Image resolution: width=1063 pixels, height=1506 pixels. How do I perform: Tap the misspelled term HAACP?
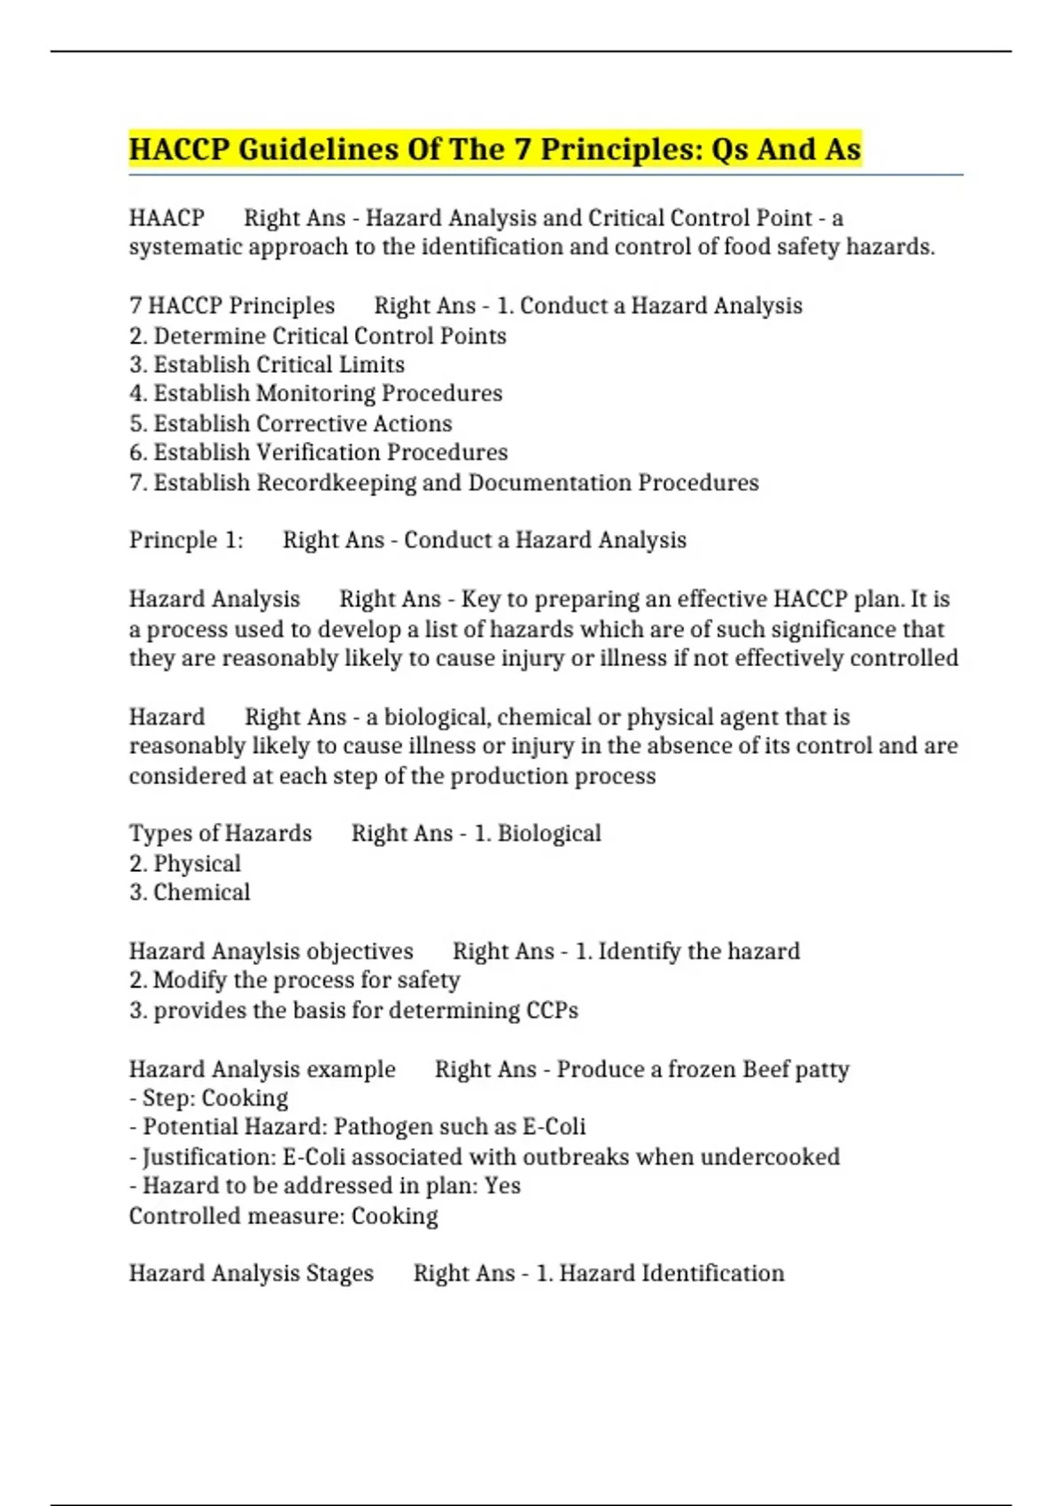(x=167, y=218)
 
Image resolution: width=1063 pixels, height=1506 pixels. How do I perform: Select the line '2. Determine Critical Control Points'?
(x=317, y=336)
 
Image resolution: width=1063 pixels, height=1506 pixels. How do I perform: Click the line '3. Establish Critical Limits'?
(x=267, y=364)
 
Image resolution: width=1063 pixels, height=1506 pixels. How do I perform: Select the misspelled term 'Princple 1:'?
(x=186, y=540)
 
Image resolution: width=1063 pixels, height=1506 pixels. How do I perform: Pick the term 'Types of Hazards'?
(x=221, y=834)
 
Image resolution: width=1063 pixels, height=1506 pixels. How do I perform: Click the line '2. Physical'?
(x=184, y=864)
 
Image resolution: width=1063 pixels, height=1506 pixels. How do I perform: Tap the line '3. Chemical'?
(x=190, y=892)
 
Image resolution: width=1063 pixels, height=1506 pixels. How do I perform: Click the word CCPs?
(x=552, y=1011)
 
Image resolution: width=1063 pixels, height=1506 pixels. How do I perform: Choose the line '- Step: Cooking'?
(x=209, y=1098)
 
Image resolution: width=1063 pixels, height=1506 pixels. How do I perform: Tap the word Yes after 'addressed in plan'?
(x=502, y=1186)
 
